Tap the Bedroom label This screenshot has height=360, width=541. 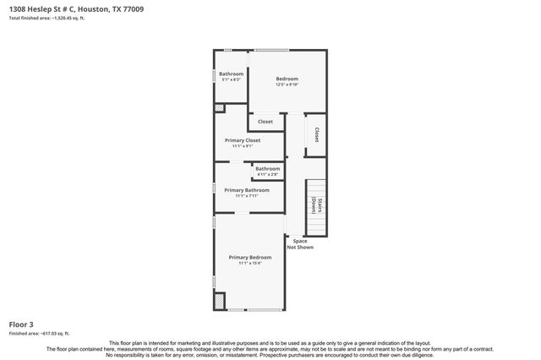coord(287,79)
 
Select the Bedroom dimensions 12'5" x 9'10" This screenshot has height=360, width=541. coord(287,85)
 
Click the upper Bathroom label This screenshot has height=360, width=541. coord(231,74)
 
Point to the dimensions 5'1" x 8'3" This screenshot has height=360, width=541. coord(231,79)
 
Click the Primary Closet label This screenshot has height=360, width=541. coord(243,139)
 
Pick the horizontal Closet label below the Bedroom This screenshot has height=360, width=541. coord(265,122)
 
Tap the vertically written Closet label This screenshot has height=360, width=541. coord(316,134)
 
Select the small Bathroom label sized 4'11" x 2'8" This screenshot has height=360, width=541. coord(268,168)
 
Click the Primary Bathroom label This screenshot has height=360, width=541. coord(247,190)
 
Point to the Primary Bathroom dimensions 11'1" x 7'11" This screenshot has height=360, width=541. coord(247,196)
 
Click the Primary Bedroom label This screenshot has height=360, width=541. coord(250,257)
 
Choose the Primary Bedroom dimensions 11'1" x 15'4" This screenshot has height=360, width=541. coord(250,263)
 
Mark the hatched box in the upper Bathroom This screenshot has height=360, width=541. coord(219,108)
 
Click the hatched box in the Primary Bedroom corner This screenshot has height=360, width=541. coord(220,301)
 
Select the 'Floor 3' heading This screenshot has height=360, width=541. coord(22,325)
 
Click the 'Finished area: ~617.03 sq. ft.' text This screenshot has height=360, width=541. coord(39,334)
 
